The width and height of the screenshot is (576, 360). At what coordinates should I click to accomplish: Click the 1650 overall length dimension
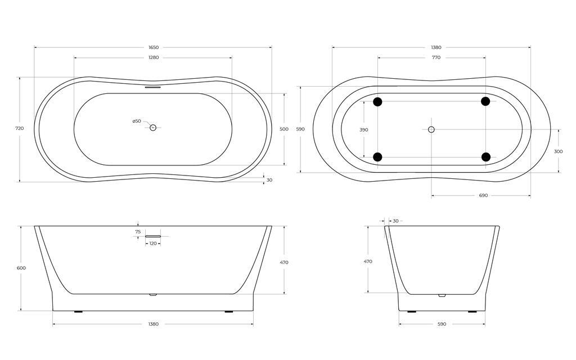pos(154,47)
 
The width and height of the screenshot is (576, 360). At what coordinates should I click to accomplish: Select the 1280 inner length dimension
pos(154,57)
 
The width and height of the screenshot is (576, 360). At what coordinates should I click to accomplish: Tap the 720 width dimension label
pos(20,128)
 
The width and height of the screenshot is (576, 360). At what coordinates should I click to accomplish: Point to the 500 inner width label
pos(284,129)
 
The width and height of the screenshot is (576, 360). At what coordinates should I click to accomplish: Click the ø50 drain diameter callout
pos(137,121)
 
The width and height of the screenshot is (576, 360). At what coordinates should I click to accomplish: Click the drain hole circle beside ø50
pos(153,128)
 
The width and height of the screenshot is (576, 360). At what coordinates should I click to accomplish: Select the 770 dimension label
pos(436,57)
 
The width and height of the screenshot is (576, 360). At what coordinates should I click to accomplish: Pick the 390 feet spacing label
pos(364,130)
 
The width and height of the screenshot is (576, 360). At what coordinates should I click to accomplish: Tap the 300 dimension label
pos(558,151)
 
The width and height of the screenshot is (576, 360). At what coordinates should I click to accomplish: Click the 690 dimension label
pos(483,195)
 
